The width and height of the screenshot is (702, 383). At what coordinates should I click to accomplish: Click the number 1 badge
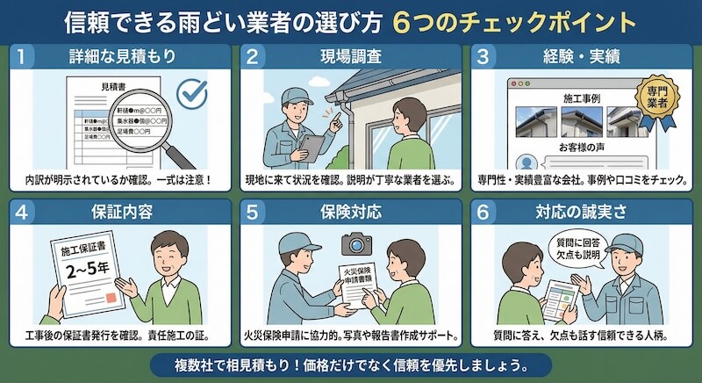(x=25, y=57)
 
